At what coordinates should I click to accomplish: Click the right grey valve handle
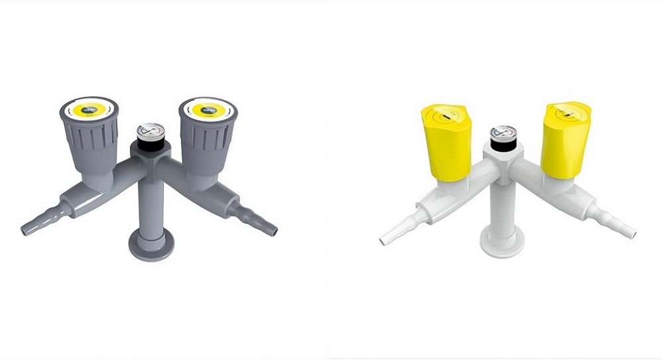pos(207,136)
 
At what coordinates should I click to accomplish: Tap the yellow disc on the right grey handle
pos(208,109)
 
